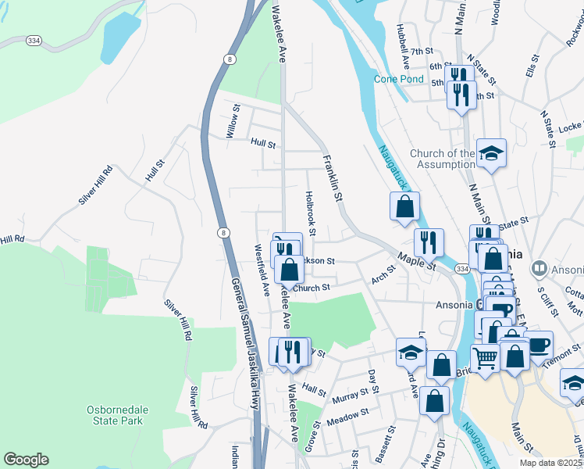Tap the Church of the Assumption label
[442, 159]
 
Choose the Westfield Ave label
[261, 270]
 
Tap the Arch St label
[384, 277]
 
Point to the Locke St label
[571, 125]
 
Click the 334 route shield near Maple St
[463, 269]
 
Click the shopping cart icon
[486, 357]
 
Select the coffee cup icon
[537, 343]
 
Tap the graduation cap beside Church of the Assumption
[491, 152]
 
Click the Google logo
[27, 460]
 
